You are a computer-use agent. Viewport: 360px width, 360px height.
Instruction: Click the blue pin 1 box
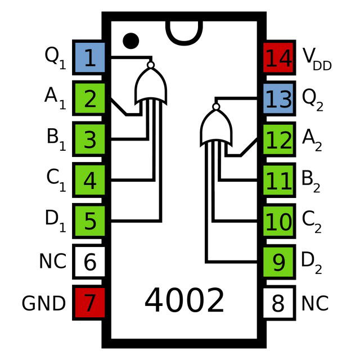tap(89, 57)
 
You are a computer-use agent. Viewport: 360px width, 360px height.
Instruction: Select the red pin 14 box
tap(278, 57)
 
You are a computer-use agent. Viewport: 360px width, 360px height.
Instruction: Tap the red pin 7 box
tap(89, 303)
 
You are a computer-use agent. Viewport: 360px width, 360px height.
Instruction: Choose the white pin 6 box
tap(89, 262)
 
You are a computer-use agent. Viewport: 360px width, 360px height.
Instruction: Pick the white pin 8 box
tap(278, 303)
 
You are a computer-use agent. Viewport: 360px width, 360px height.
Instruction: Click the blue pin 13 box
tap(278, 98)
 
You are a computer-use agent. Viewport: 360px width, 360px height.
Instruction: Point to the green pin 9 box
tap(278, 262)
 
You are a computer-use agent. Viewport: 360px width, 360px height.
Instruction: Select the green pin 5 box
tap(89, 221)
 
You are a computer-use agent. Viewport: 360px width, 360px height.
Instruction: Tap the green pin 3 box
tap(89, 139)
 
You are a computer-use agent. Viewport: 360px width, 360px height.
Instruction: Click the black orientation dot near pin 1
tap(130, 40)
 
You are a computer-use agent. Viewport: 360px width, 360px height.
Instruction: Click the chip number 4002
tap(184, 301)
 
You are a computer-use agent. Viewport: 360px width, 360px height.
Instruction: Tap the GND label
tap(43, 304)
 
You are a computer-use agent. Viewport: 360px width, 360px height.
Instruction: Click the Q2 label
tap(313, 99)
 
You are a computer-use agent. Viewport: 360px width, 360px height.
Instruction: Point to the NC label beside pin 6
tap(52, 262)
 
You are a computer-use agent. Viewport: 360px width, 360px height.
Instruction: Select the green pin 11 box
tap(278, 180)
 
